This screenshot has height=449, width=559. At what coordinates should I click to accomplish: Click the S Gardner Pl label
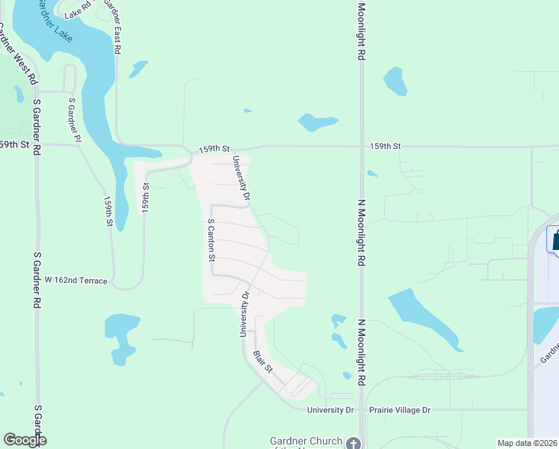click(73, 119)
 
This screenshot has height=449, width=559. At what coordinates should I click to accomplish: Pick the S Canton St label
click(211, 239)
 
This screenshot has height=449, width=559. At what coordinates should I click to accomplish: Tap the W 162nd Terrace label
click(76, 281)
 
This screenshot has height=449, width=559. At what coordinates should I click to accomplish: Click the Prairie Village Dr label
click(401, 410)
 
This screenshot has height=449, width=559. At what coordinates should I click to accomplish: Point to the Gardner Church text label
click(306, 442)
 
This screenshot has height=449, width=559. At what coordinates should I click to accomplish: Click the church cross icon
click(354, 443)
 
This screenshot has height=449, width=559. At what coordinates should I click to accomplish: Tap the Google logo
click(25, 440)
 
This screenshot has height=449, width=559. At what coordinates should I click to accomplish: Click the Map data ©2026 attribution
click(528, 443)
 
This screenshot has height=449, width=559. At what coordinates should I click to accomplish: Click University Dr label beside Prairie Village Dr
click(330, 410)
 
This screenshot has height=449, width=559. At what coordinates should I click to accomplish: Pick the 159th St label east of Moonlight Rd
click(386, 146)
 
